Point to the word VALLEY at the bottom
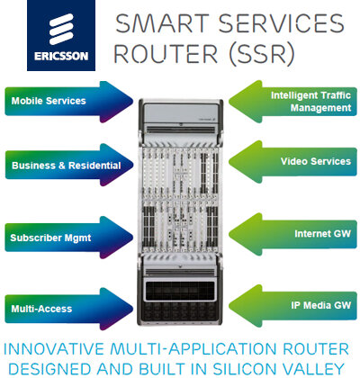pyautogui.click(x=312, y=367)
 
